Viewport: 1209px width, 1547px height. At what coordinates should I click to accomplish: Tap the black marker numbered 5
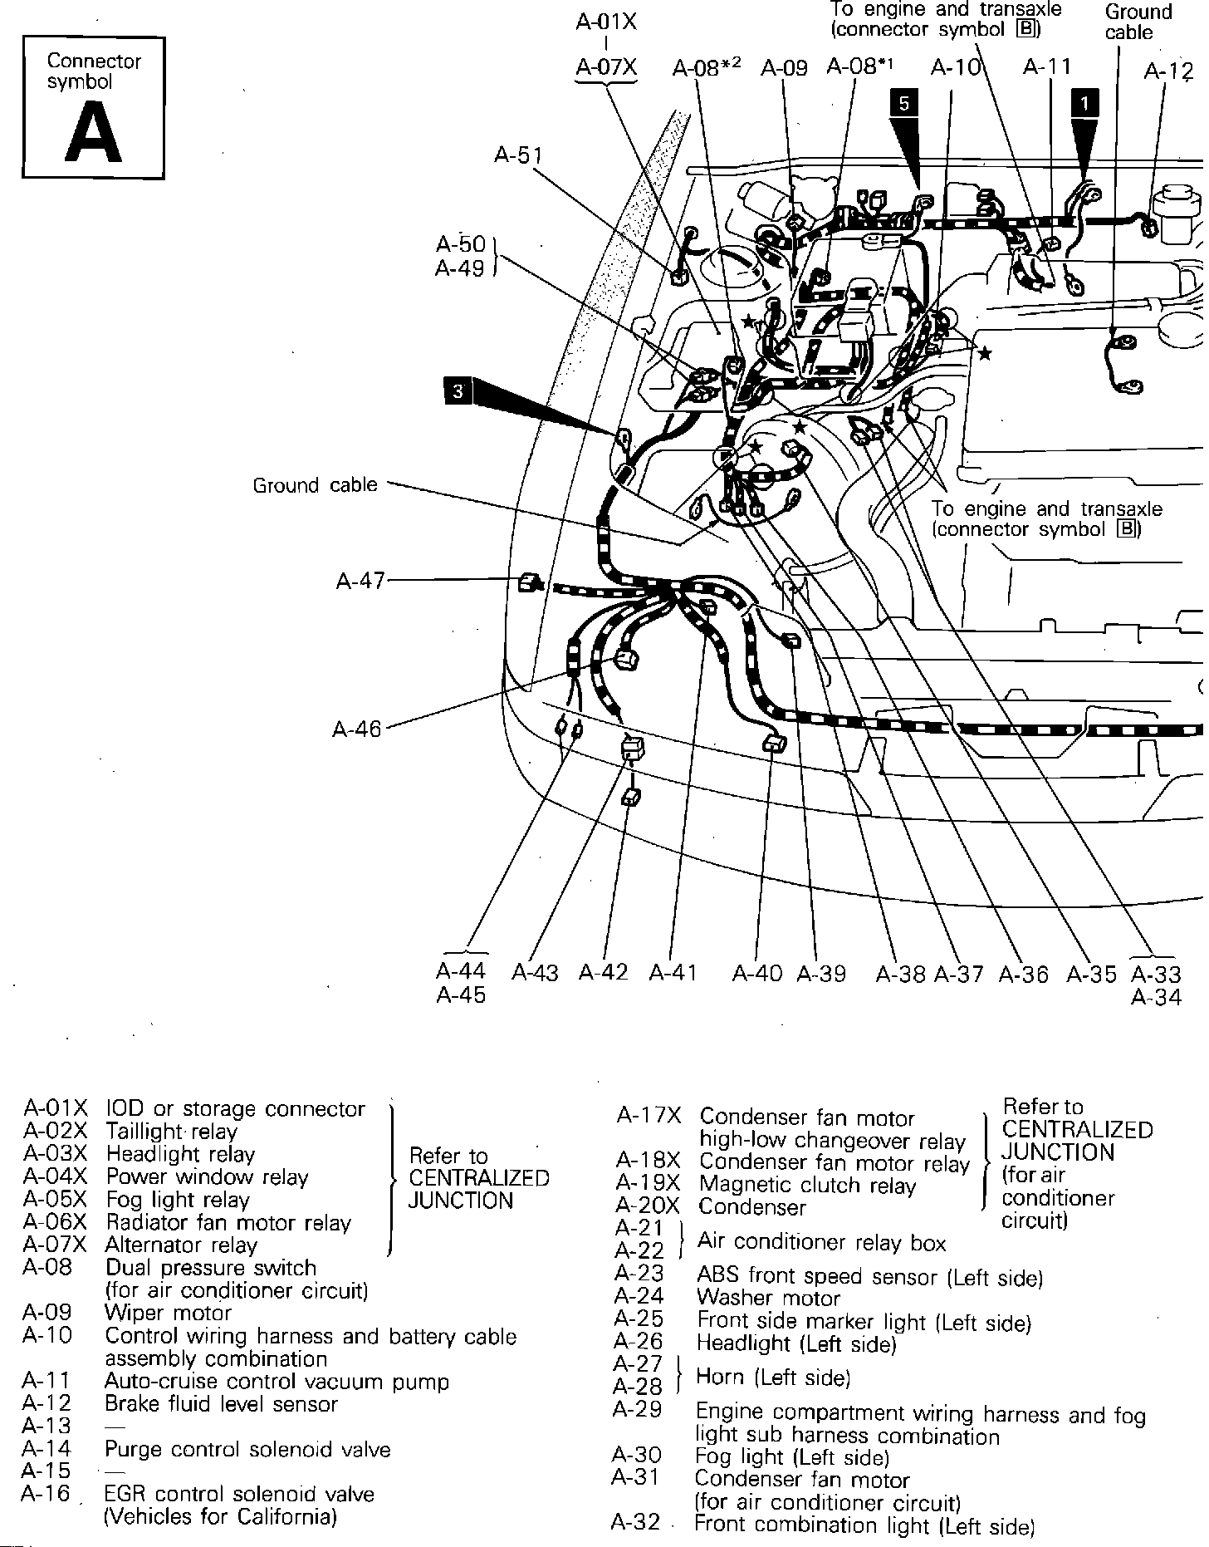click(x=904, y=103)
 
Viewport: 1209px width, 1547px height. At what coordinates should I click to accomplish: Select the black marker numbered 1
click(x=1084, y=103)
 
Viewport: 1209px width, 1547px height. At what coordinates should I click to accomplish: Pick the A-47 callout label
click(x=360, y=581)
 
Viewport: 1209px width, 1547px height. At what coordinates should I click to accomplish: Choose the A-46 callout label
click(x=357, y=729)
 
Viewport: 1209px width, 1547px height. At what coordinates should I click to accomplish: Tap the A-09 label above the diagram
click(x=784, y=67)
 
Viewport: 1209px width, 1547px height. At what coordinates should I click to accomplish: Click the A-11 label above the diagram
click(x=1047, y=66)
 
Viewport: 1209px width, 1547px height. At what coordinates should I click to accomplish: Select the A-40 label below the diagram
click(x=756, y=973)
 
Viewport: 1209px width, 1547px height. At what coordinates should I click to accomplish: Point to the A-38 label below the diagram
click(x=900, y=974)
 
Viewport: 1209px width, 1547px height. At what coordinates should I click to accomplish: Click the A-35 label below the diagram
click(x=1091, y=974)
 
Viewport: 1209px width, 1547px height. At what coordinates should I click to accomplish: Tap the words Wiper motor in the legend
click(x=168, y=1314)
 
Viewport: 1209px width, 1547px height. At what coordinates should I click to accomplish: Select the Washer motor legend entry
click(x=768, y=1297)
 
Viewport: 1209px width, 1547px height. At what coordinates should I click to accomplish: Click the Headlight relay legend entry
click(x=180, y=1154)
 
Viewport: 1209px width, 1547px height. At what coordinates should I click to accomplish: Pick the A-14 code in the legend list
click(x=46, y=1449)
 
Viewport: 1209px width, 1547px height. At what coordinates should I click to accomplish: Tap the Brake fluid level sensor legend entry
click(x=221, y=1404)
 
